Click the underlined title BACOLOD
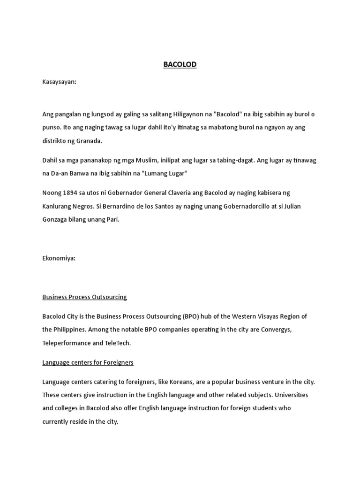click(x=180, y=65)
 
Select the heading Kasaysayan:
click(x=59, y=82)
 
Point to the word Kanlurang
click(x=58, y=206)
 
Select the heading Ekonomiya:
click(x=59, y=258)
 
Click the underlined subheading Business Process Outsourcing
click(x=84, y=297)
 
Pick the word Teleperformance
click(x=66, y=343)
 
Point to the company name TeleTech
click(x=118, y=343)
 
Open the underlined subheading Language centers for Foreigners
click(x=88, y=362)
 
